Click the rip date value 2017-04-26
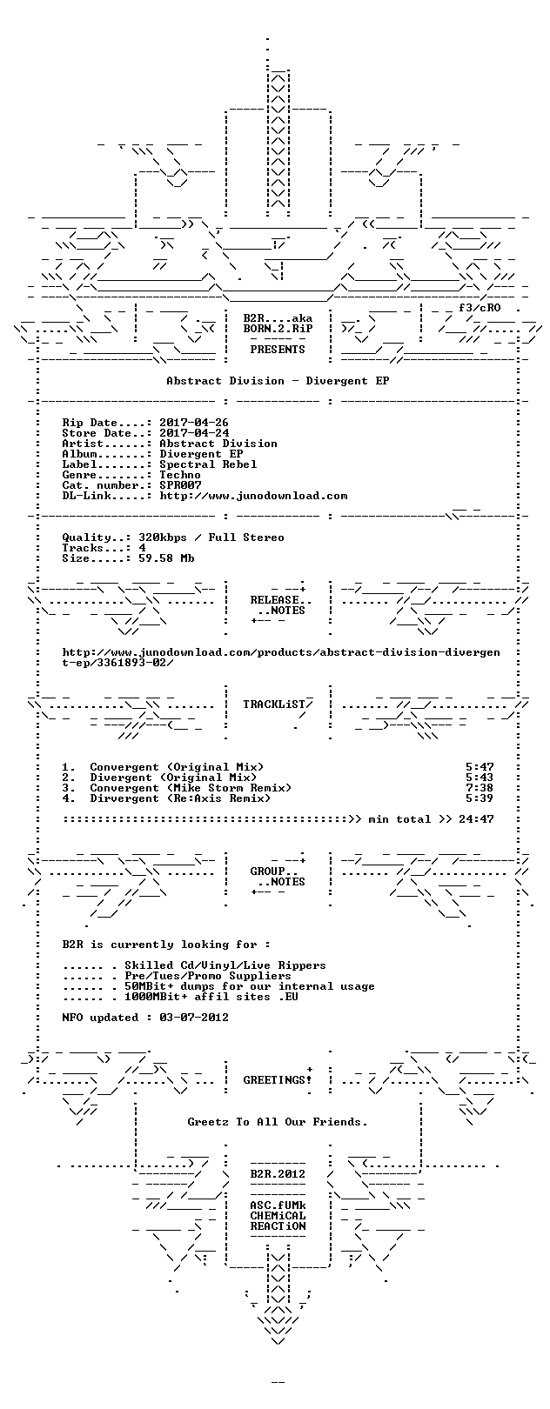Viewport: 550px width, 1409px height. [x=194, y=423]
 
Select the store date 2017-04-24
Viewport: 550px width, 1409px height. [x=194, y=433]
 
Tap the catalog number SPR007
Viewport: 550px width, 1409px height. [x=180, y=485]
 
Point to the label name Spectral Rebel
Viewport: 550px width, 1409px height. [x=208, y=464]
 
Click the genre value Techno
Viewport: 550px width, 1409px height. [x=180, y=475]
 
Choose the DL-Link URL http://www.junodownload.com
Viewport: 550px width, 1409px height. [x=253, y=496]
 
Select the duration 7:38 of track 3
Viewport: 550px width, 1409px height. [x=480, y=788]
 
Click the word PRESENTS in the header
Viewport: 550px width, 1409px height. [x=278, y=350]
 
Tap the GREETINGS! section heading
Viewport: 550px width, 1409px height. [x=278, y=1080]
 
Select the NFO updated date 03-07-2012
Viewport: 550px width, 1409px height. [x=194, y=1018]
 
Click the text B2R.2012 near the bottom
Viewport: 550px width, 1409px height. [x=278, y=1174]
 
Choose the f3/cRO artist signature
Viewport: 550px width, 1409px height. [x=480, y=308]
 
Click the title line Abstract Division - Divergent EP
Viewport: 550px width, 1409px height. [x=278, y=381]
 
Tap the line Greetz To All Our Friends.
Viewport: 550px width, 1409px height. [x=278, y=1122]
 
